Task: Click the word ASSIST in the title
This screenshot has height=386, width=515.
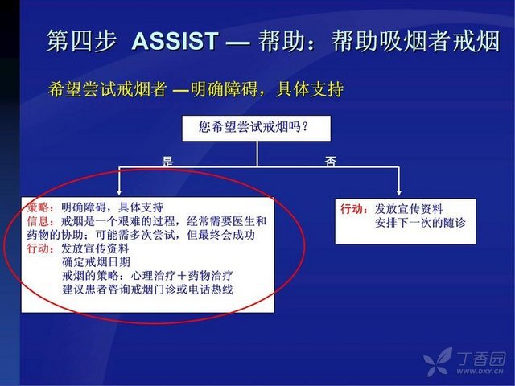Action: click(x=175, y=41)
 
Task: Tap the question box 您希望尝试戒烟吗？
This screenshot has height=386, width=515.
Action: click(x=256, y=129)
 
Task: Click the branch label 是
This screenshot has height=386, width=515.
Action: click(x=167, y=161)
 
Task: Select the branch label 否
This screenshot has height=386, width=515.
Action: click(x=331, y=161)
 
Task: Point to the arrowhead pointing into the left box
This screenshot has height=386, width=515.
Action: click(x=119, y=192)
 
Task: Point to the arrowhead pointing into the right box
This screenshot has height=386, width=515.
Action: click(x=399, y=192)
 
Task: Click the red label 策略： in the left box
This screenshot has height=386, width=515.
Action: click(x=41, y=207)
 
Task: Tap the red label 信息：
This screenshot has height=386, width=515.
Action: click(x=41, y=221)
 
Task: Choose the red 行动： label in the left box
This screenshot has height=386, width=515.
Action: click(x=41, y=248)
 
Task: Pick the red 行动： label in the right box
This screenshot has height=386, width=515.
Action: click(x=355, y=209)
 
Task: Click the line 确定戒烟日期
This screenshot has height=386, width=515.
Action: click(x=96, y=262)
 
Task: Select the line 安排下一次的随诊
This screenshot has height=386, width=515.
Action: click(x=420, y=223)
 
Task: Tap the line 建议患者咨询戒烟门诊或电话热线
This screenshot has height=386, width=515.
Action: click(x=147, y=289)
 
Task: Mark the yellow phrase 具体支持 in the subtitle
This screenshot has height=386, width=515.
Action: click(x=310, y=89)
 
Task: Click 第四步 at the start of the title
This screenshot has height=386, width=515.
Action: click(x=81, y=41)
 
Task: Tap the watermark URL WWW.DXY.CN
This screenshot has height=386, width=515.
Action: click(x=480, y=372)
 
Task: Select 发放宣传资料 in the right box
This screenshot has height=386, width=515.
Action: click(x=409, y=209)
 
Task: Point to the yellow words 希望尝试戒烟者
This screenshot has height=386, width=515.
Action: click(x=107, y=89)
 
